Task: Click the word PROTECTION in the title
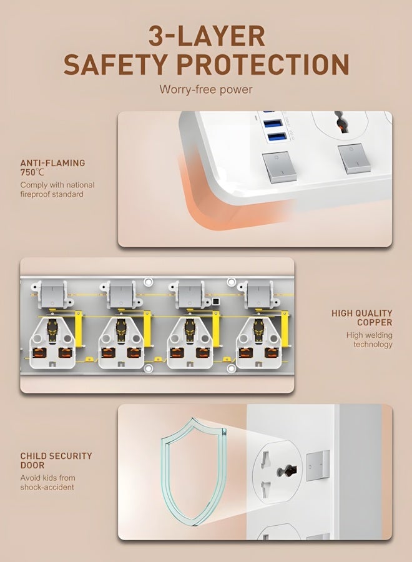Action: tap(263, 64)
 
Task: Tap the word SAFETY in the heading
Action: tap(115, 64)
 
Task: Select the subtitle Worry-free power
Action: tap(206, 89)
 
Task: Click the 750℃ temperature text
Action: tap(32, 172)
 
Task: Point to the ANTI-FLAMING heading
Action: tap(52, 163)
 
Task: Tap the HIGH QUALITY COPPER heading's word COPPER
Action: tap(375, 323)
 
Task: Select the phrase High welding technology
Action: tap(370, 340)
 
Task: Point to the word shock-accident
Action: tap(47, 487)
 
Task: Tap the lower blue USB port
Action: tap(276, 137)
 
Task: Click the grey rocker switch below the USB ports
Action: tap(279, 167)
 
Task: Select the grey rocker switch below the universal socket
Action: tap(354, 159)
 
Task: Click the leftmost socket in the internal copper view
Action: tap(52, 343)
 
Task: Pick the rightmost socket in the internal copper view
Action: tap(258, 343)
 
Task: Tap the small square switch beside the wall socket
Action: tap(318, 465)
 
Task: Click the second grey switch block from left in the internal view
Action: tap(122, 294)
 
